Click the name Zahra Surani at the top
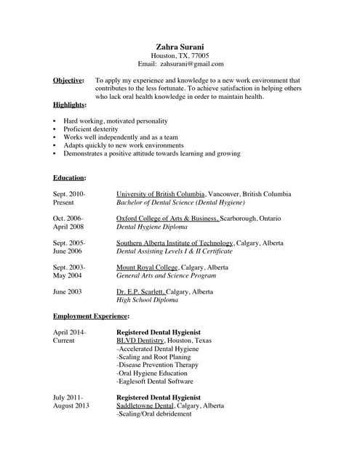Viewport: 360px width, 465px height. coord(180,46)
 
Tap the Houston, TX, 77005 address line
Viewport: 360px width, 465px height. coord(180,55)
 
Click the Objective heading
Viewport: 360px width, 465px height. coord(68,81)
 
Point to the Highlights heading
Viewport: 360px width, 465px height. coord(70,105)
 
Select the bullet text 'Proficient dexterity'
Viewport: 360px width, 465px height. coord(90,129)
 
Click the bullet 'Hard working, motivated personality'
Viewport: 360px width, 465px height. coord(115,121)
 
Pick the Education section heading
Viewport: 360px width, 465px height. coord(69,177)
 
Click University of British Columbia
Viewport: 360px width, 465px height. coord(161,194)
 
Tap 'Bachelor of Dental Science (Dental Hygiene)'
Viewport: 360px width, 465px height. coord(180,202)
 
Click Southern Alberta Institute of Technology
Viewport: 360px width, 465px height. coord(175,243)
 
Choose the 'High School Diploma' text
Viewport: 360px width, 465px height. coord(147,299)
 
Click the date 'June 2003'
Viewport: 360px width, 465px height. coord(68,291)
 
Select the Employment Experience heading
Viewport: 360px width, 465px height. coord(91,316)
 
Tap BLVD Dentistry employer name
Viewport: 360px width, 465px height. coord(140,340)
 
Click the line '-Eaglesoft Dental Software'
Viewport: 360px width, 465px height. coord(155,381)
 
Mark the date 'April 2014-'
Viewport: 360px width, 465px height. coord(69,332)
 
